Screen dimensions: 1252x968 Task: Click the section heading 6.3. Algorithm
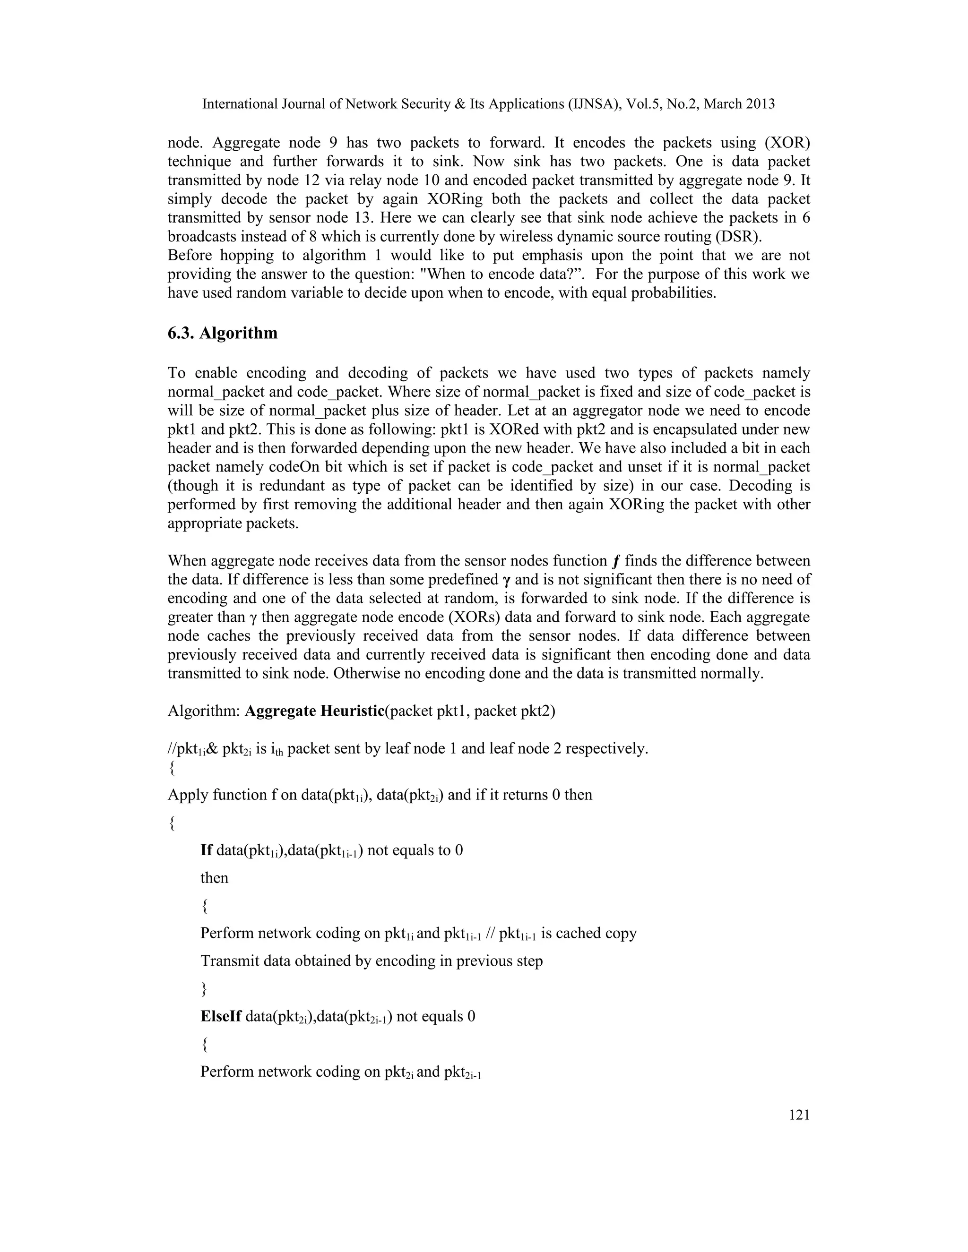pyautogui.click(x=222, y=333)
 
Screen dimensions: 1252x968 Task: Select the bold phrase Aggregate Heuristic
pyautogui.click(x=314, y=711)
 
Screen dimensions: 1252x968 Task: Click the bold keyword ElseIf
pyautogui.click(x=221, y=1016)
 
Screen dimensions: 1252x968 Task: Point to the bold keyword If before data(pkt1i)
pyautogui.click(x=207, y=850)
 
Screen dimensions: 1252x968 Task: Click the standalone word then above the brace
pyautogui.click(x=214, y=878)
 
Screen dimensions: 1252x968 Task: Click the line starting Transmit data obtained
pyautogui.click(x=371, y=961)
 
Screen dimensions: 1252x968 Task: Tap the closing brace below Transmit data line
pyautogui.click(x=204, y=989)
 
